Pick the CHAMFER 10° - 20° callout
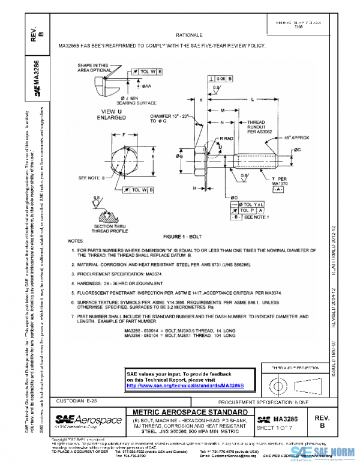(166, 118)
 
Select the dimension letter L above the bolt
(252, 98)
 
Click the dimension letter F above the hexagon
(124, 135)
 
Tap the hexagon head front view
(124, 157)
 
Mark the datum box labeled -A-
(277, 189)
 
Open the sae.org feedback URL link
(185, 385)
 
